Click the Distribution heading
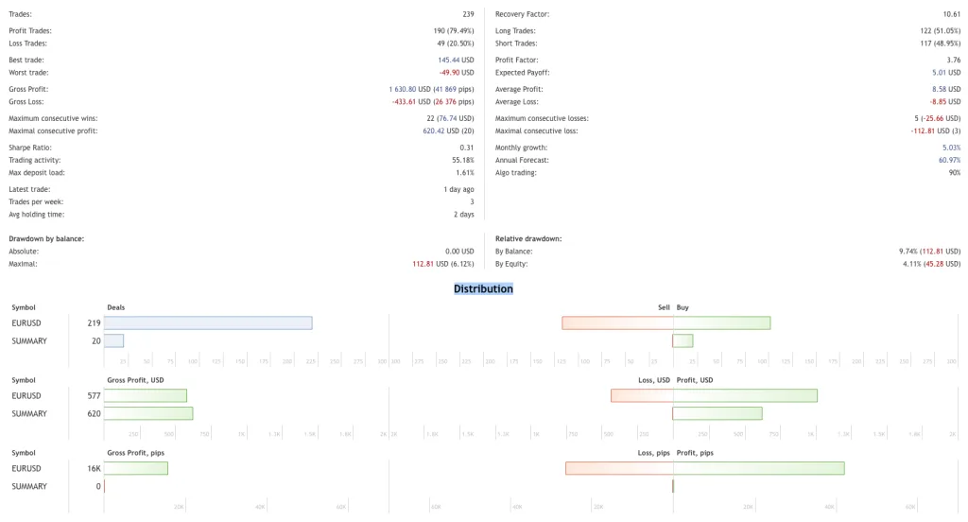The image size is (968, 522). pyautogui.click(x=483, y=288)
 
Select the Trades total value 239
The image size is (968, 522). pyautogui.click(x=468, y=14)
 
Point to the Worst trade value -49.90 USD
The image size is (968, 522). pyautogui.click(x=456, y=73)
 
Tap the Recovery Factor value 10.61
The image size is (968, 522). pyautogui.click(x=951, y=14)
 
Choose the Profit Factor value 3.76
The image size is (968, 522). pyautogui.click(x=953, y=60)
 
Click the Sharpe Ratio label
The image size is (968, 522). pyautogui.click(x=30, y=148)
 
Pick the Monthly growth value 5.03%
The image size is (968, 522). pyautogui.click(x=951, y=148)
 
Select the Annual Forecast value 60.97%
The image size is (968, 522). pyautogui.click(x=949, y=161)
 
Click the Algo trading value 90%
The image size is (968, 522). pyautogui.click(x=954, y=173)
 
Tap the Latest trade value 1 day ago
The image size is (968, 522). pyautogui.click(x=457, y=189)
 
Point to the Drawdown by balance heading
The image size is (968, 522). pyautogui.click(x=46, y=238)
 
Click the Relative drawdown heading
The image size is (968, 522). pyautogui.click(x=528, y=238)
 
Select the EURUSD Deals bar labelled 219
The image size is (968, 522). pyautogui.click(x=208, y=323)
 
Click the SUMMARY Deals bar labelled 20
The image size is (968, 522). pyautogui.click(x=113, y=340)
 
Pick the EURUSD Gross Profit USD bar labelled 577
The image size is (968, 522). pyautogui.click(x=145, y=395)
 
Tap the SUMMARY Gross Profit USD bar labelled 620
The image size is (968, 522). pyautogui.click(x=147, y=413)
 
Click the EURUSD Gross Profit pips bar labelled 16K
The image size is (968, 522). pyautogui.click(x=135, y=468)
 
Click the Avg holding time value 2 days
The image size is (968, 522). pyautogui.click(x=463, y=215)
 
